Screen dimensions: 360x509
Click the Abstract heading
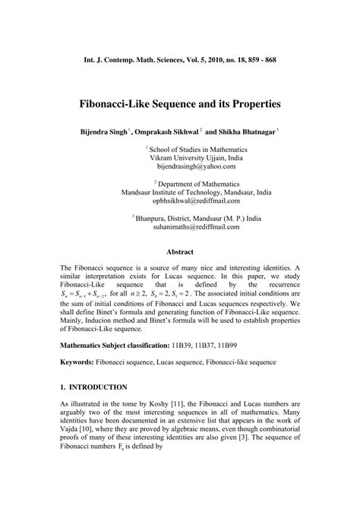[x=180, y=251]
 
